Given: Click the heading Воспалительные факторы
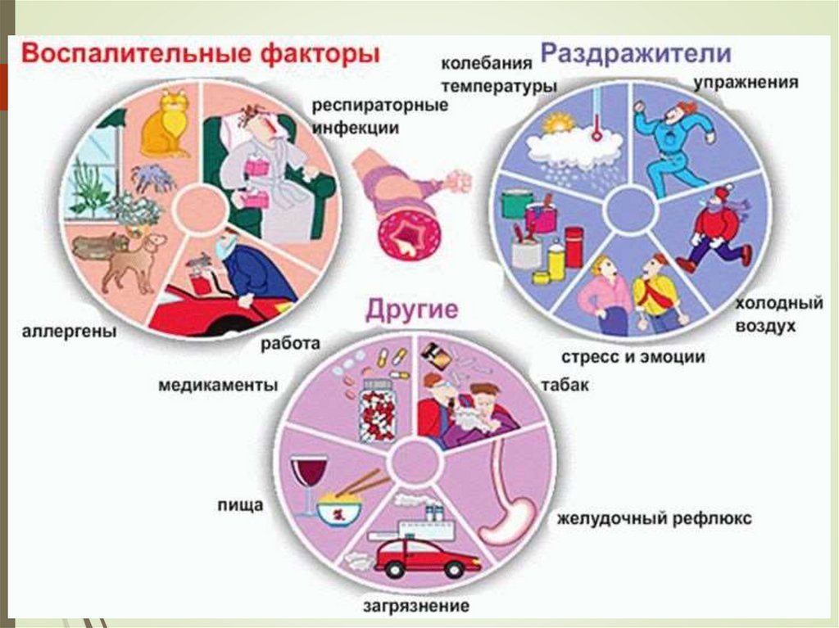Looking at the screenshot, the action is coord(201,55).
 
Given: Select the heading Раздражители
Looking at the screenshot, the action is coord(636,55).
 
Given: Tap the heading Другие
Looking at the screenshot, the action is coord(411,311).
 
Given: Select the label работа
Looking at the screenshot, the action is coord(290,344).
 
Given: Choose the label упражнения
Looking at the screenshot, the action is coord(747,84).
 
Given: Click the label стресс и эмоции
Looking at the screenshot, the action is coord(633,358).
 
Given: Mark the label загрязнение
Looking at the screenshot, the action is coord(416,607).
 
